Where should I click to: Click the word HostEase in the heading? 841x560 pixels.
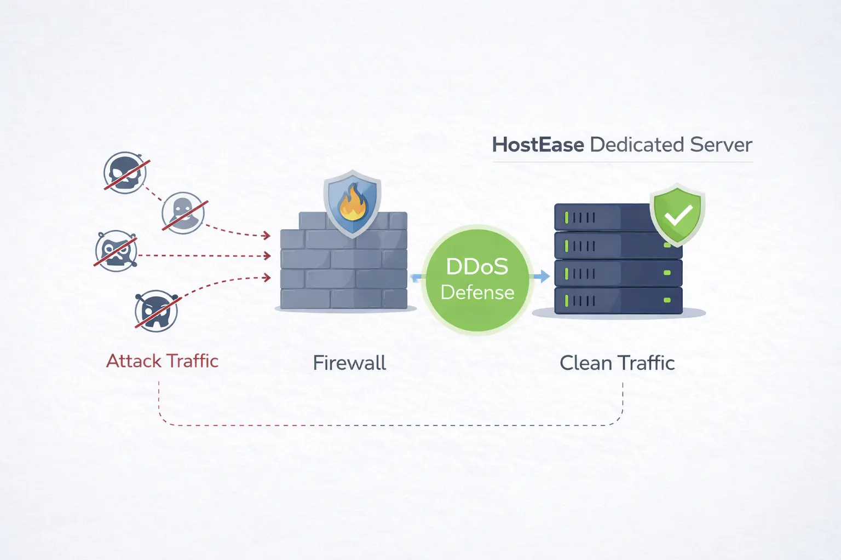click(538, 145)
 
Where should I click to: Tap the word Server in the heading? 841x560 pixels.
click(721, 145)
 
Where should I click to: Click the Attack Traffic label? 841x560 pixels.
click(162, 361)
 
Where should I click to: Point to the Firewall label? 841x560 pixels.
click(349, 363)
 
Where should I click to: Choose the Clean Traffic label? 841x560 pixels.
click(617, 363)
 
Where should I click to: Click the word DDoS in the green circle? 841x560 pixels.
click(477, 267)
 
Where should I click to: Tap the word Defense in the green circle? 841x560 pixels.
click(477, 293)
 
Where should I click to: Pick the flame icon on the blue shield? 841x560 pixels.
click(352, 203)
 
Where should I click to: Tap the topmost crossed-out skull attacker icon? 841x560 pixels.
click(125, 172)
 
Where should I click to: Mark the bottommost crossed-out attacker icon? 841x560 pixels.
click(157, 311)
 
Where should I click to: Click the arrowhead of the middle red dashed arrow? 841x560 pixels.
click(267, 255)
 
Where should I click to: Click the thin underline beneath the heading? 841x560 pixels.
click(623, 162)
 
